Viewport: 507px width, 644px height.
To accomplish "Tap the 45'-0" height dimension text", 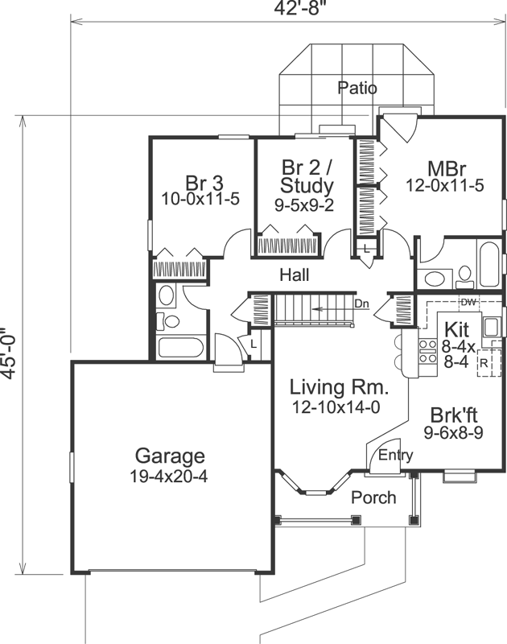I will [9, 357].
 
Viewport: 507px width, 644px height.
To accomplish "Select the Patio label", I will [357, 88].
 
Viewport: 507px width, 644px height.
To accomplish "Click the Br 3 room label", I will [200, 180].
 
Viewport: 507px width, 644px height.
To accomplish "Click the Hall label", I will [295, 275].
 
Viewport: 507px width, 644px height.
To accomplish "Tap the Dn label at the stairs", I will [361, 303].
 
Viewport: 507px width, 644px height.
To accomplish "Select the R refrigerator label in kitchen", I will [483, 362].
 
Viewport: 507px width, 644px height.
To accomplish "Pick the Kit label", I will [457, 330].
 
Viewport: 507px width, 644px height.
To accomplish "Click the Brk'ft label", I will [454, 416].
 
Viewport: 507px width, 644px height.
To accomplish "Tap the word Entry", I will [395, 456].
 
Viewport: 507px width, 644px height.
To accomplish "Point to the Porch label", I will [374, 497].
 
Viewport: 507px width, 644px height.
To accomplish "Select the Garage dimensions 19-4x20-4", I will [169, 477].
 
